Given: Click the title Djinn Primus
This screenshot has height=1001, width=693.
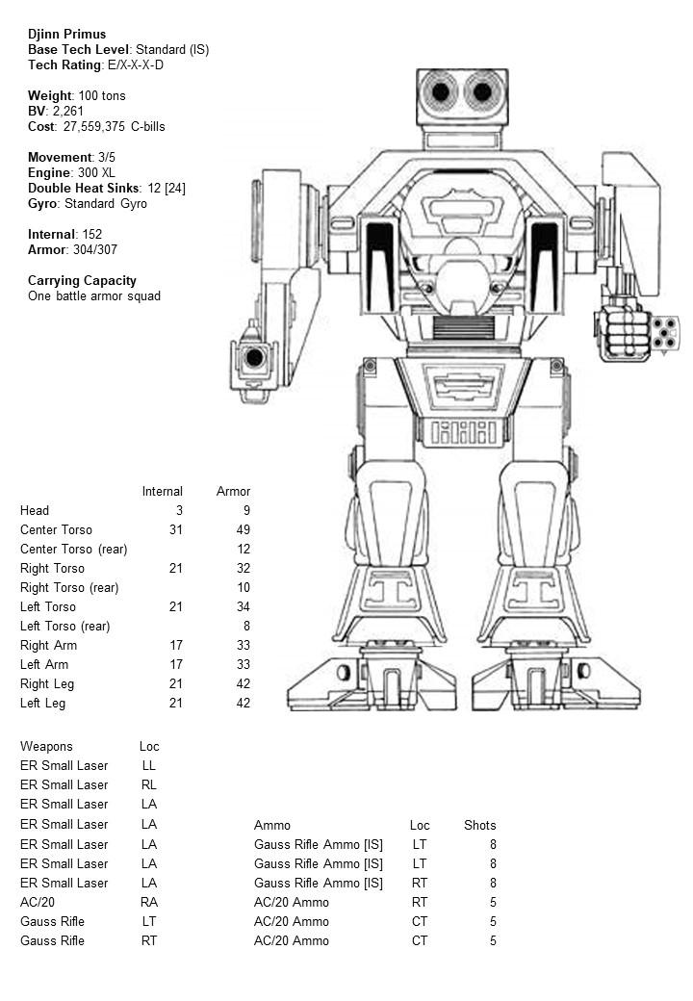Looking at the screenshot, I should click(x=66, y=34).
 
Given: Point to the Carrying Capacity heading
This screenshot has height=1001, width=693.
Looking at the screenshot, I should click(x=82, y=280).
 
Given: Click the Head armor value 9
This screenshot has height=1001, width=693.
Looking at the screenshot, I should click(x=246, y=510).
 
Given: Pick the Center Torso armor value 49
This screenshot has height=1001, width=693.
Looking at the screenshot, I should click(x=243, y=529).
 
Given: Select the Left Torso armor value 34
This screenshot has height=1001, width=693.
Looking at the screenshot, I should click(x=243, y=606).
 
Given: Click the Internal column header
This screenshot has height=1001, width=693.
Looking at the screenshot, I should click(x=162, y=491).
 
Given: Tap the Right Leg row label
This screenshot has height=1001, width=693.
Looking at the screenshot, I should click(x=47, y=683).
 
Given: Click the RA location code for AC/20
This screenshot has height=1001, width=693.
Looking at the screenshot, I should click(x=148, y=902).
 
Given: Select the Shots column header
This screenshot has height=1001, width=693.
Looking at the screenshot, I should click(x=479, y=825).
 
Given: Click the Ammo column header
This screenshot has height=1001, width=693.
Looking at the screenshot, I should click(x=271, y=825).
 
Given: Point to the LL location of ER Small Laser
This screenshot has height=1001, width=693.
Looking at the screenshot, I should click(x=148, y=765).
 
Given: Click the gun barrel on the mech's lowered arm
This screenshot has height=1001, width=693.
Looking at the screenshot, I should click(x=254, y=358).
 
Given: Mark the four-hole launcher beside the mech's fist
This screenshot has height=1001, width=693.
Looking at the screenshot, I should click(x=664, y=333).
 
